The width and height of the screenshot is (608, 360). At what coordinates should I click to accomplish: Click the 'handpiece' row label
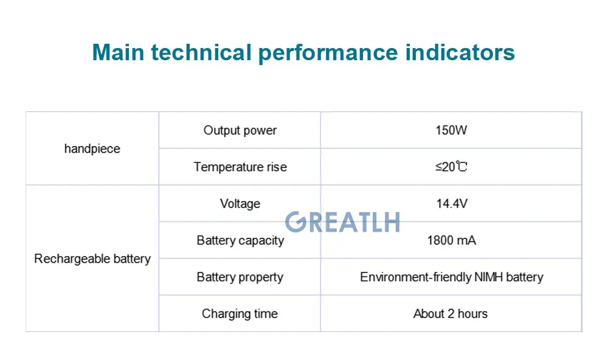92,149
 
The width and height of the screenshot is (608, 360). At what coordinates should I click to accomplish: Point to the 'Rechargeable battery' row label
92,259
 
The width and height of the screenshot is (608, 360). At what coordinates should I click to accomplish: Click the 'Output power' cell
240,131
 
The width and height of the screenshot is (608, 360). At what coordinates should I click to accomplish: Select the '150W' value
451,131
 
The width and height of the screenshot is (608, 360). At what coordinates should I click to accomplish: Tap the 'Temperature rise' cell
240,167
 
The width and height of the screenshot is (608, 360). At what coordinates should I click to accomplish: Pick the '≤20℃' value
451,167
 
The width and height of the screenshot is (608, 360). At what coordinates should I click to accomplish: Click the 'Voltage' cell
240,204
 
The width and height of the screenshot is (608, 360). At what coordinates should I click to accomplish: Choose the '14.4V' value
451,204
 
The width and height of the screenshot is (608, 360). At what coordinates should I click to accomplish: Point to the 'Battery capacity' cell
240,241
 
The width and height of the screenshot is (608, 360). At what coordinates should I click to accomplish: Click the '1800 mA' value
451,241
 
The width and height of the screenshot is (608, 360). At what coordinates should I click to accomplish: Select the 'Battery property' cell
240,277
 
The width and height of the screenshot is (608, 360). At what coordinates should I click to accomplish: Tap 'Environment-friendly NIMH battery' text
451,277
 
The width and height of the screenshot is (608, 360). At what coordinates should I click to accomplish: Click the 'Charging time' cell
240,314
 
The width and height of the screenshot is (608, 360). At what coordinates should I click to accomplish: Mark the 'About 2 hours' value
451,314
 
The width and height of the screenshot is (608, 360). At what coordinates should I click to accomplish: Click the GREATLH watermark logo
342,222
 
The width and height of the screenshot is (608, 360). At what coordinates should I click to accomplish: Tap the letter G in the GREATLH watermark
296,222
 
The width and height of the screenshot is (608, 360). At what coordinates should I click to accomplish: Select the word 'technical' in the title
201,52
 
